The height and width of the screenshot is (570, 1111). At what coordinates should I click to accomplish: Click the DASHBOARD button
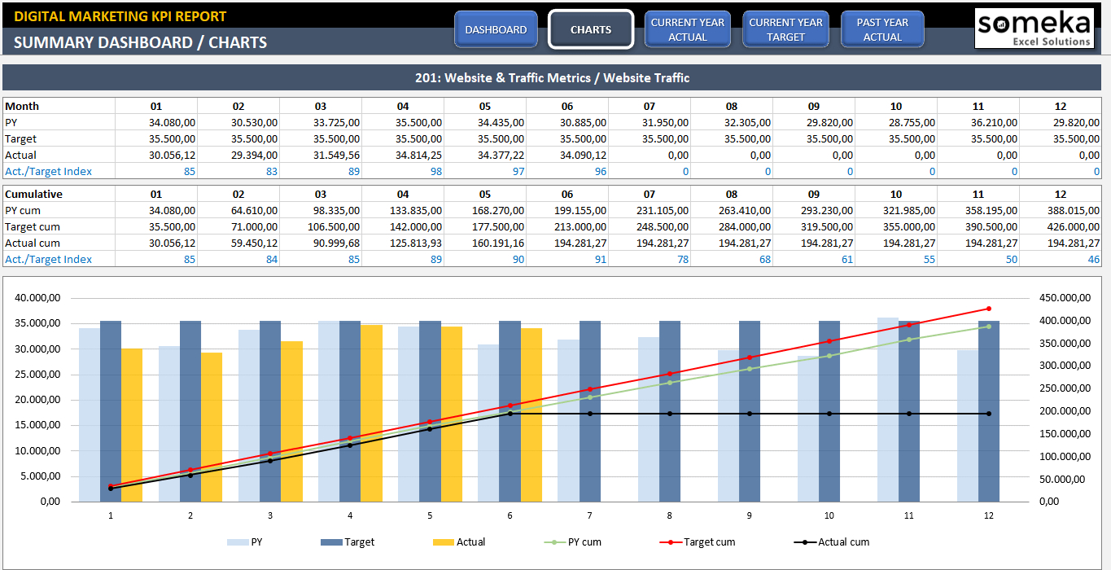(x=496, y=29)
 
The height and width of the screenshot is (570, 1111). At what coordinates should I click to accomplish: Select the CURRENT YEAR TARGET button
(x=785, y=29)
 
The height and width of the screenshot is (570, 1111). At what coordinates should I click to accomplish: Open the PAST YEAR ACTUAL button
(x=882, y=29)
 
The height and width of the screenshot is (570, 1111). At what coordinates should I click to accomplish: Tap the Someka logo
(x=1034, y=28)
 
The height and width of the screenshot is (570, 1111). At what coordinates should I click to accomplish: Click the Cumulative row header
(x=34, y=194)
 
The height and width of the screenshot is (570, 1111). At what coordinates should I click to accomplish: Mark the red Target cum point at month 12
(x=989, y=309)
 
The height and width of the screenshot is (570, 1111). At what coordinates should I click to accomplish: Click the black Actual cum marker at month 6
(x=510, y=414)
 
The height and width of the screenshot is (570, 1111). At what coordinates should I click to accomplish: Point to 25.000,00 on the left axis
(x=37, y=375)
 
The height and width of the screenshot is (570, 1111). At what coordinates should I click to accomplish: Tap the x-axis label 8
(x=670, y=515)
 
